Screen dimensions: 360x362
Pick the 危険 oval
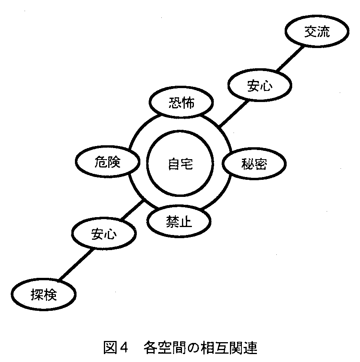click(x=107, y=162)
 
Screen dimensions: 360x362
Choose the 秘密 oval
click(x=254, y=164)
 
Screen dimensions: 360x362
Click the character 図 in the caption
click(x=109, y=348)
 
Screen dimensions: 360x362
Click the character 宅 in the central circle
click(x=186, y=164)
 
